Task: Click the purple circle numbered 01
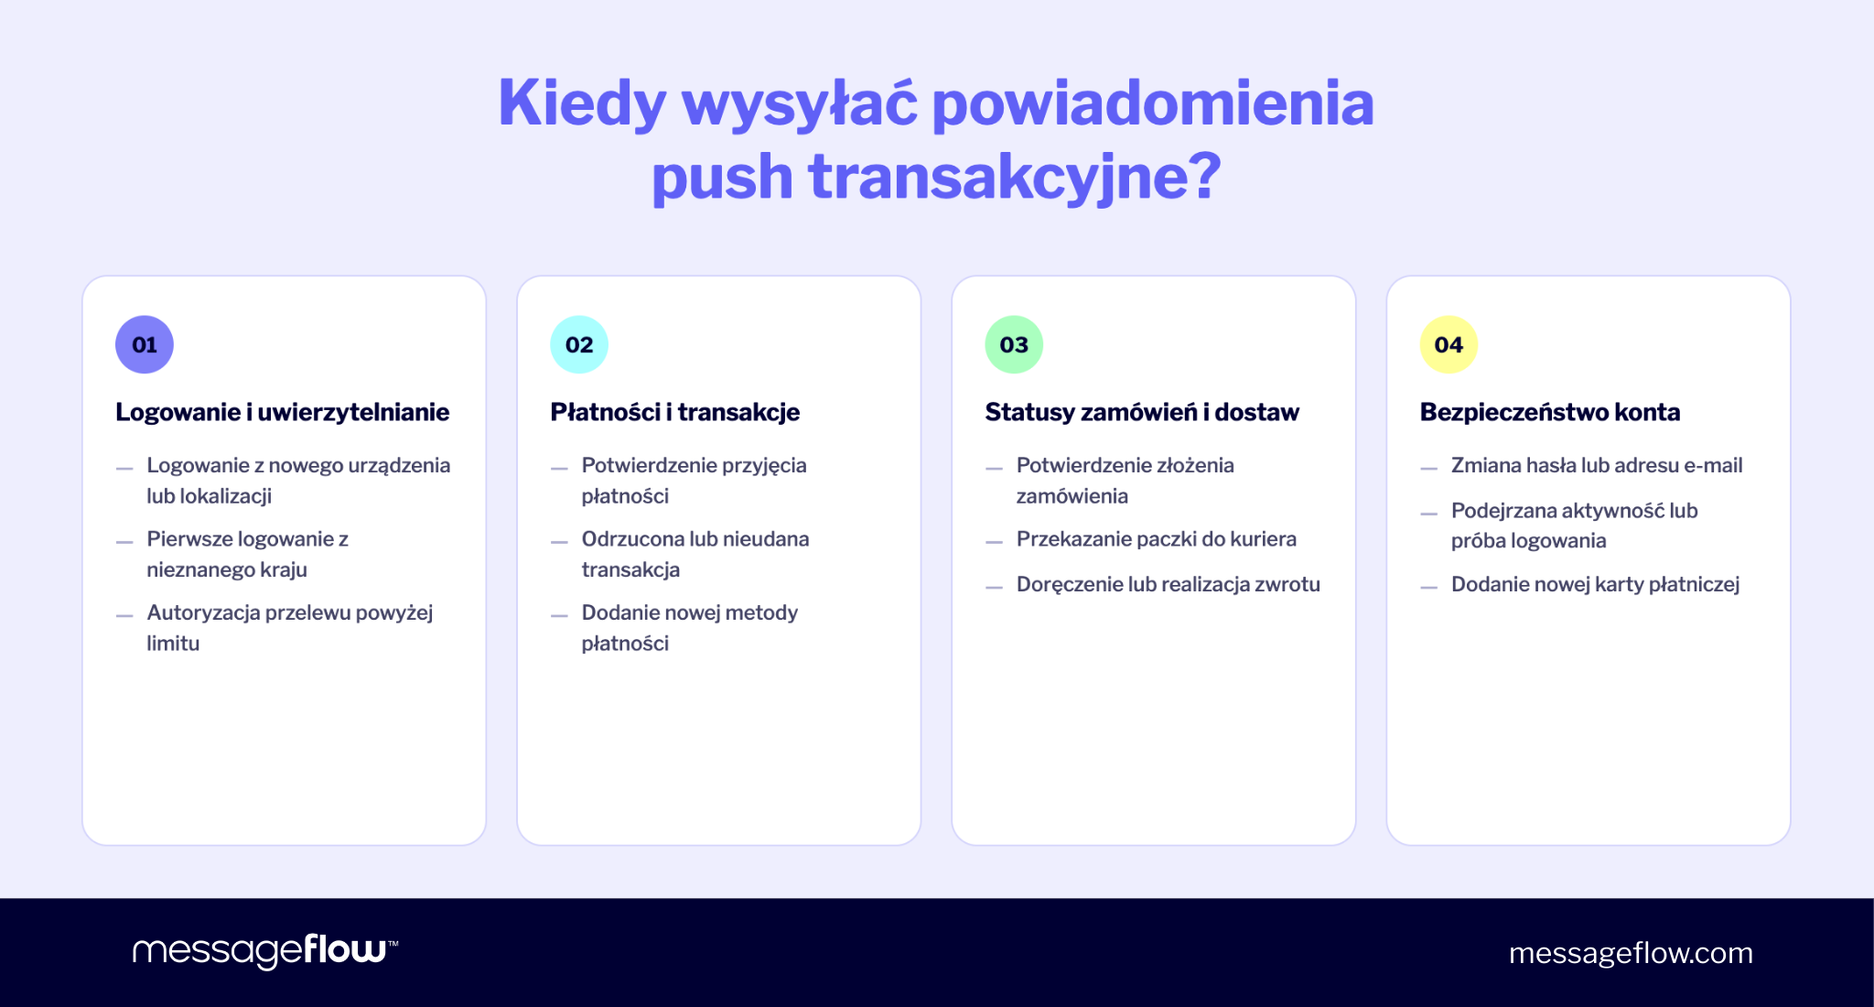click(x=145, y=345)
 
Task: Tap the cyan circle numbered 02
click(x=579, y=345)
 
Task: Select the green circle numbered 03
click(x=1014, y=345)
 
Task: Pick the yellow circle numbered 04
click(x=1449, y=345)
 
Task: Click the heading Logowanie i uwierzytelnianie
click(x=282, y=412)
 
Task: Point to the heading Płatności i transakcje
click(x=674, y=412)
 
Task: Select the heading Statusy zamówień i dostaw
click(x=1141, y=412)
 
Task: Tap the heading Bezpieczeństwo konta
click(x=1549, y=412)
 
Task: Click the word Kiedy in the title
click(x=582, y=103)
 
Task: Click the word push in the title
click(x=721, y=177)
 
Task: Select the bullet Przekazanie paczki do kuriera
click(x=1156, y=539)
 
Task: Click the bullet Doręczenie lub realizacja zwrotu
click(x=1168, y=584)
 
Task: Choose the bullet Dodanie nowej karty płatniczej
click(x=1595, y=584)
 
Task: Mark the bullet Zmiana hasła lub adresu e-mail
click(x=1596, y=465)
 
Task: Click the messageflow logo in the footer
click(x=264, y=951)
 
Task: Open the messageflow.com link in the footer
click(x=1631, y=953)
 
